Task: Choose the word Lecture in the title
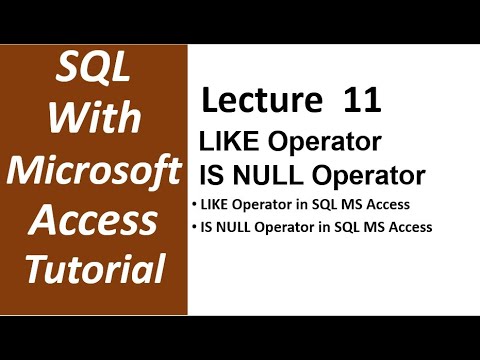coord(251,102)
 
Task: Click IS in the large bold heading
coord(216,177)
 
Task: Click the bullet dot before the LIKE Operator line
coord(193,206)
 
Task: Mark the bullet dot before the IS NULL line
coord(193,227)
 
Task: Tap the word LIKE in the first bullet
coord(214,206)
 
